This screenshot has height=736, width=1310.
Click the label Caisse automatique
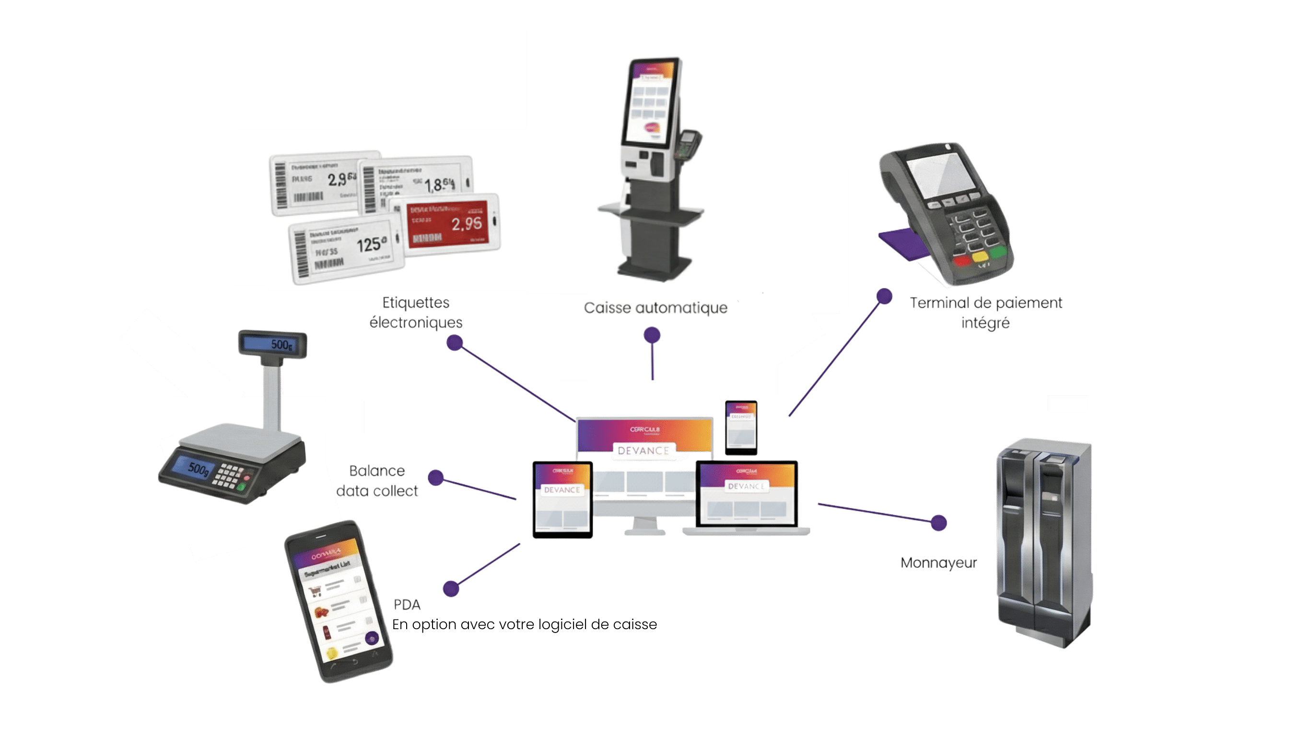[655, 308]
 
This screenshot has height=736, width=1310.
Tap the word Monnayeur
[938, 563]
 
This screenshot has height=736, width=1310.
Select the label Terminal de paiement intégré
[985, 312]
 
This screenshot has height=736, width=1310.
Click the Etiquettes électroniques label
[416, 312]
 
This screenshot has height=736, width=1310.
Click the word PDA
[407, 605]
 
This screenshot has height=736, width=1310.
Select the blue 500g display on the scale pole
[273, 344]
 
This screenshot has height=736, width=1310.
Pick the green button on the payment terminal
[997, 252]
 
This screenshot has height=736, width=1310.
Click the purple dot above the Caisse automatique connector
[652, 335]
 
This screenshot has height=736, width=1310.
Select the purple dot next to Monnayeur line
[939, 522]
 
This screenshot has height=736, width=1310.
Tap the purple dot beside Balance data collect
[435, 477]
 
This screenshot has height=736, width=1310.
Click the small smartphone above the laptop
[741, 427]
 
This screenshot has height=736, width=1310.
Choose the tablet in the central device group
[562, 499]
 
